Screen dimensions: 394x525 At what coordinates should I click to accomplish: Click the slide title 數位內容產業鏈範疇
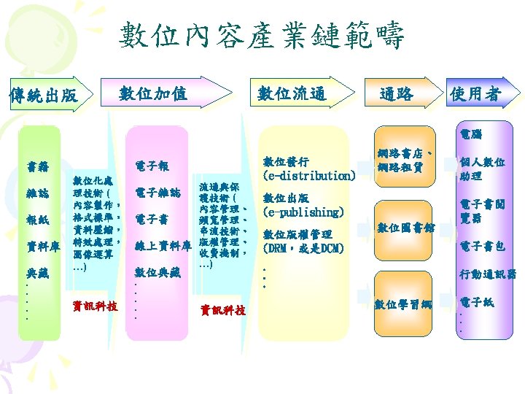coord(262,35)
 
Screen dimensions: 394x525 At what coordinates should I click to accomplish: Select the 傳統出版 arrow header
coord(42,95)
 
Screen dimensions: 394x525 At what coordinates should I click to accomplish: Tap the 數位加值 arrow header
coord(153,93)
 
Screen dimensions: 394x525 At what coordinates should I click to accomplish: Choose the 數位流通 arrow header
coord(292,93)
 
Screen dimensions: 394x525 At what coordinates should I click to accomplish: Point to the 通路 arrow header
coord(397,93)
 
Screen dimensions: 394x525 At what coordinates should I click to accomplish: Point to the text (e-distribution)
coord(309,176)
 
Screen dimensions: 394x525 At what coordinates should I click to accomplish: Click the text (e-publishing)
coord(303,212)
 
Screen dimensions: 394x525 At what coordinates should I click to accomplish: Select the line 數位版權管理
coord(297,234)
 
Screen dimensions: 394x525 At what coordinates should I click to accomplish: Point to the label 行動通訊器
coord(487,274)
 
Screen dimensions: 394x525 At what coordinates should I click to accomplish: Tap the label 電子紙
coord(477,301)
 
